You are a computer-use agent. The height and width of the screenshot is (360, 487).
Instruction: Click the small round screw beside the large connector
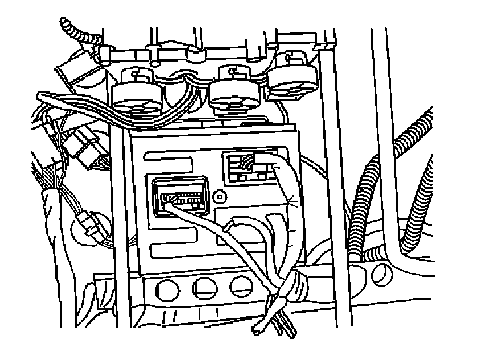point(219,197)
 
